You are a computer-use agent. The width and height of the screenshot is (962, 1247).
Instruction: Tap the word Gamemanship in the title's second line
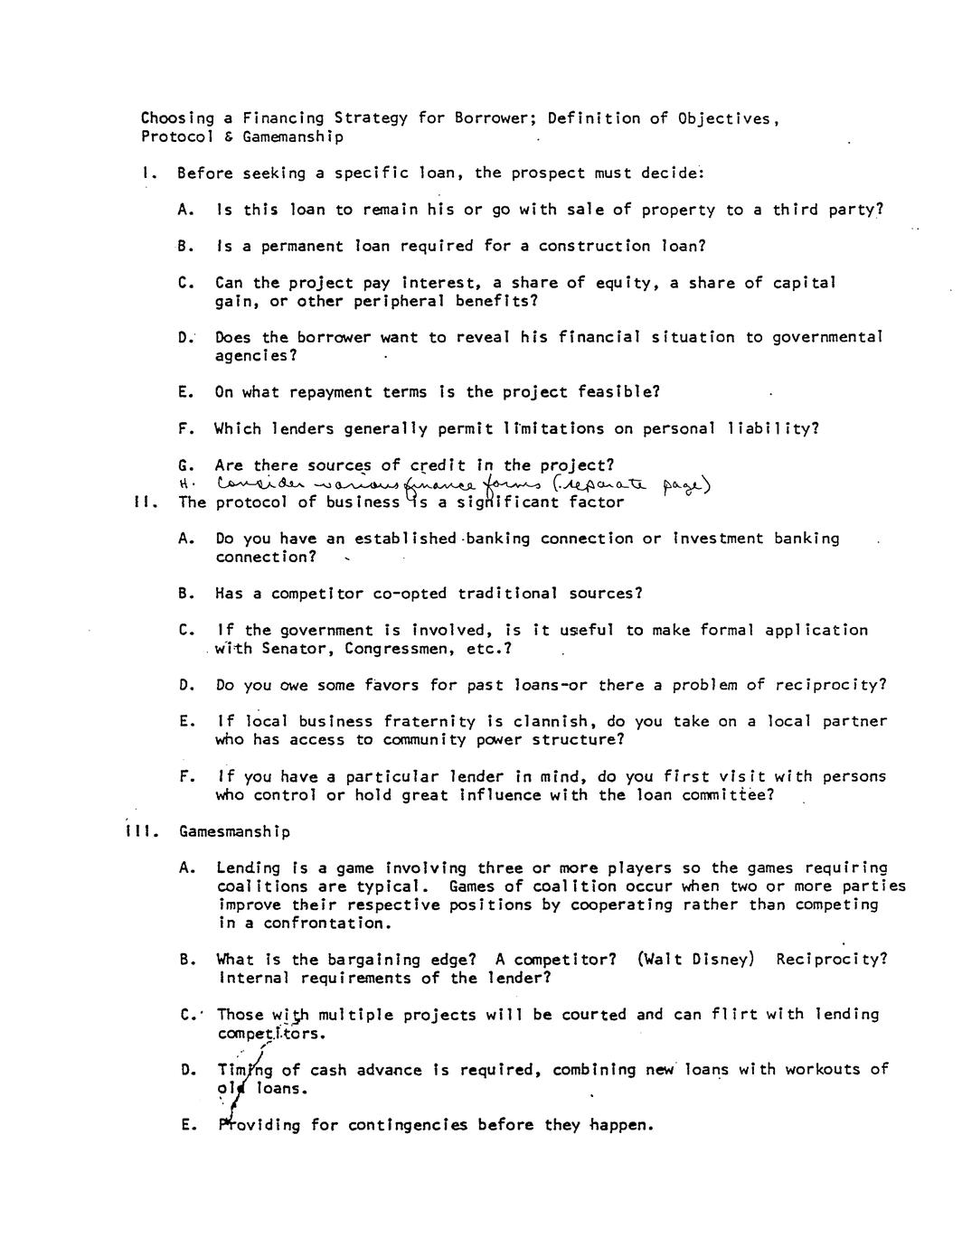293,137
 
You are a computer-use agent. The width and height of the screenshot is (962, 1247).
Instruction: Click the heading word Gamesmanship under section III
235,832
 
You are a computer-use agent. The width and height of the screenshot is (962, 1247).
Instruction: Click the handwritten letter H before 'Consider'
184,483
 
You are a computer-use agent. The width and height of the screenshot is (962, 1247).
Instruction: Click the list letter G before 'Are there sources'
185,466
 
